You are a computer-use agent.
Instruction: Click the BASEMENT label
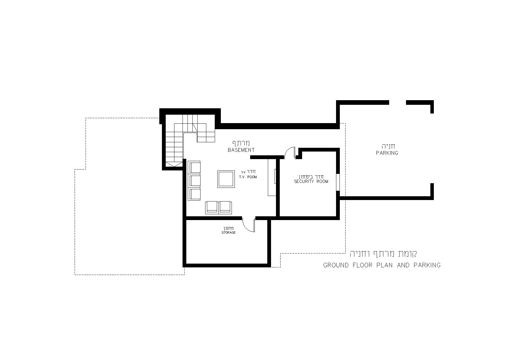pyautogui.click(x=241, y=150)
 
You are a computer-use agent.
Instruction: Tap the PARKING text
pyautogui.click(x=387, y=153)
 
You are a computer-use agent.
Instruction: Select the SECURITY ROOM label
pyautogui.click(x=311, y=181)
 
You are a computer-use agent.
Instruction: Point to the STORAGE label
pyautogui.click(x=229, y=233)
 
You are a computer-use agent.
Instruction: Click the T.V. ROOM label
pyautogui.click(x=248, y=177)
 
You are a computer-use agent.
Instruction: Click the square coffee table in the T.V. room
pyautogui.click(x=226, y=179)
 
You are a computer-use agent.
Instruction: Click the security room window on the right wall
pyautogui.click(x=338, y=182)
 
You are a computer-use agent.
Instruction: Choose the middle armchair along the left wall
pyautogui.click(x=194, y=181)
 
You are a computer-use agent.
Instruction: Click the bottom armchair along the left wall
pyautogui.click(x=194, y=194)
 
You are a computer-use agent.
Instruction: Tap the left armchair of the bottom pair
pyautogui.click(x=212, y=208)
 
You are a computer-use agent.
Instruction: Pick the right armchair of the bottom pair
pyautogui.click(x=225, y=208)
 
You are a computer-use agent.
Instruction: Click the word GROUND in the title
pyautogui.click(x=336, y=265)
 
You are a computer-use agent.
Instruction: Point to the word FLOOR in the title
pyautogui.click(x=362, y=265)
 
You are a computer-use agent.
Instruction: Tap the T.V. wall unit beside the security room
pyautogui.click(x=272, y=177)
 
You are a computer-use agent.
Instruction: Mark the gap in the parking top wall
pyautogui.click(x=398, y=102)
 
